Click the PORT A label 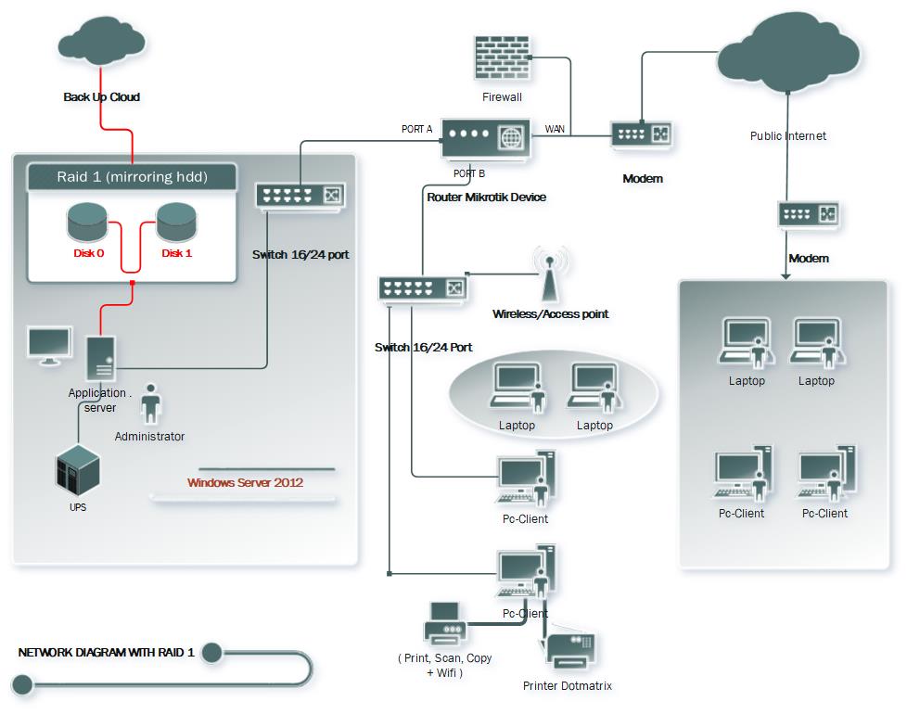416,129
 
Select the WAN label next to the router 555,129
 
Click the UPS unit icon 77,470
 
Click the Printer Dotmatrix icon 570,650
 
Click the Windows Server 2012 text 245,482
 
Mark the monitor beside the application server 48,346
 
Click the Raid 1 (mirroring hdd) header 132,176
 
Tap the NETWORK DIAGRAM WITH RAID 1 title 106,652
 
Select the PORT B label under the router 468,173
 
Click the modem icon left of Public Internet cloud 641,134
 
